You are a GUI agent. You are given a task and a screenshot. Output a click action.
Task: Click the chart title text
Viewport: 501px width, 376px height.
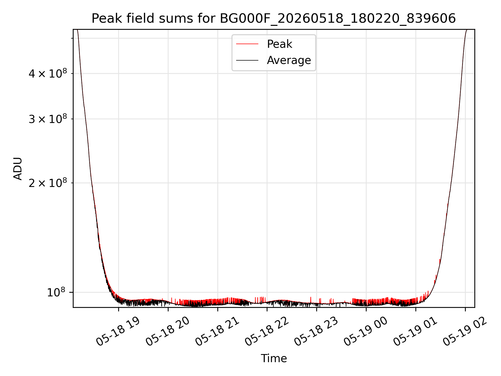pyautogui.click(x=274, y=19)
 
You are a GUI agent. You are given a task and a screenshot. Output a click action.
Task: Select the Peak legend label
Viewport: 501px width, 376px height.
pyautogui.click(x=279, y=44)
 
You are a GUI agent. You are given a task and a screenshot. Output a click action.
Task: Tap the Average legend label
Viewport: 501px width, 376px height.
pyautogui.click(x=289, y=60)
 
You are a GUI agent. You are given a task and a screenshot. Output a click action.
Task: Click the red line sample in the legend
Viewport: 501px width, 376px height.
pyautogui.click(x=247, y=44)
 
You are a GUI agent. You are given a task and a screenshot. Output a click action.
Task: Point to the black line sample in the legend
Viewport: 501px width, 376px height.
pyautogui.click(x=247, y=60)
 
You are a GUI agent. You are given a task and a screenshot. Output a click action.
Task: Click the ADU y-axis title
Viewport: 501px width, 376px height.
pyautogui.click(x=18, y=168)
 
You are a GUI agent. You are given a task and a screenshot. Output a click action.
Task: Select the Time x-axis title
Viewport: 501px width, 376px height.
pyautogui.click(x=274, y=359)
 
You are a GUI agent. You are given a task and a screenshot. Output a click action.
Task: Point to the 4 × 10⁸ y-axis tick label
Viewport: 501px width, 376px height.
pyautogui.click(x=48, y=73)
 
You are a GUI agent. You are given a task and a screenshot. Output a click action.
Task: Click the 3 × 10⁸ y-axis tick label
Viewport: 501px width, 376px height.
pyautogui.click(x=48, y=119)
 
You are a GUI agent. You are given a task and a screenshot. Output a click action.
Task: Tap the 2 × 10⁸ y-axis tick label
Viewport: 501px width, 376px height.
pyautogui.click(x=48, y=183)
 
